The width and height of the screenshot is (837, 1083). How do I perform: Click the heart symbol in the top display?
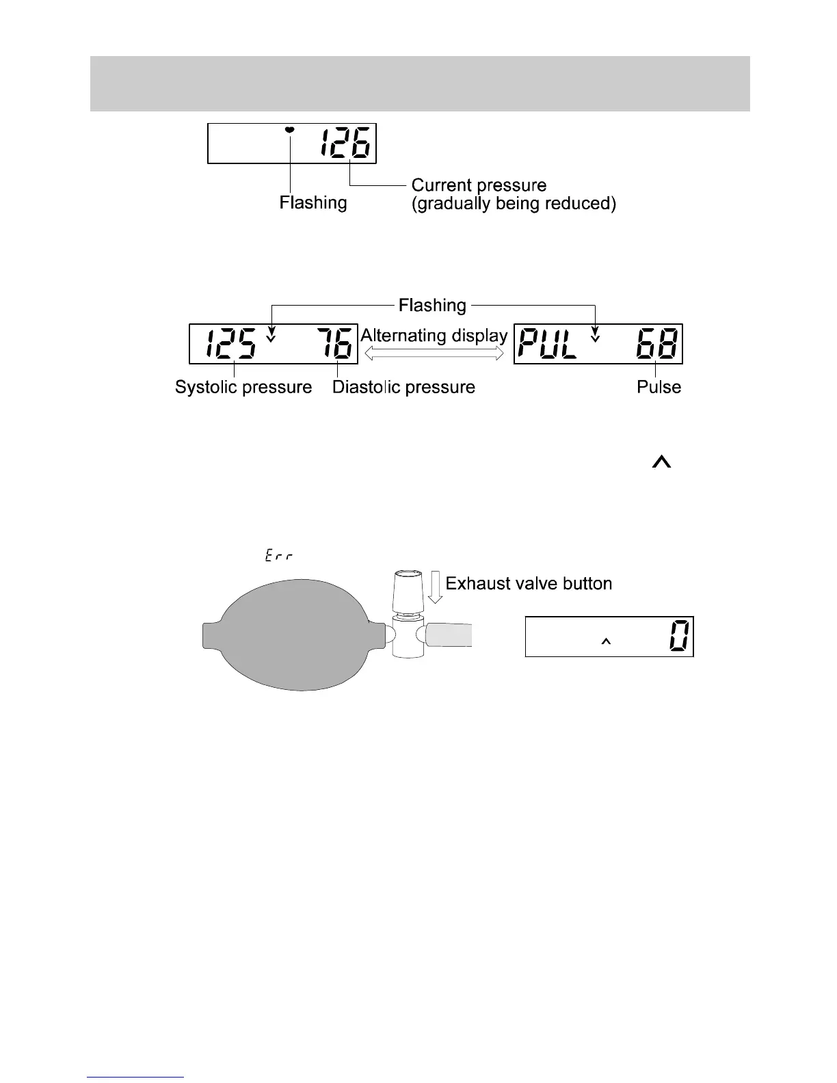click(290, 130)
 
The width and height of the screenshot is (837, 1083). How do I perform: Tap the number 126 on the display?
click(346, 144)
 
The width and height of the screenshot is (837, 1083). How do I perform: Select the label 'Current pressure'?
click(479, 185)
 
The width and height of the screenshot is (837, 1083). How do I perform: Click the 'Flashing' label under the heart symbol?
click(313, 203)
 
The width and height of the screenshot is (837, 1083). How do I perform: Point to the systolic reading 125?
click(231, 343)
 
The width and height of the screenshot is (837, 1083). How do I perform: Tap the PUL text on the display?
click(548, 343)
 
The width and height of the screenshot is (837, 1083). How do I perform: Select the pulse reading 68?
click(656, 343)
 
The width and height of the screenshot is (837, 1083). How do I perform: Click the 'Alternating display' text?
click(434, 336)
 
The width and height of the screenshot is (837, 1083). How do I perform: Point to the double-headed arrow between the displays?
click(435, 353)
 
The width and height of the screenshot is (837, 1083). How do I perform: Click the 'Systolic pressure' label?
click(243, 387)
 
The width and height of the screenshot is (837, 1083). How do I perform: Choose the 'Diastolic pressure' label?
click(403, 387)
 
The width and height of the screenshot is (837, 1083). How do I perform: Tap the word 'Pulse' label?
click(659, 387)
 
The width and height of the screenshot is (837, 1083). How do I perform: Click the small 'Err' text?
click(279, 557)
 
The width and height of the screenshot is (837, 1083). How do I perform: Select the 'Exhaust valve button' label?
click(529, 583)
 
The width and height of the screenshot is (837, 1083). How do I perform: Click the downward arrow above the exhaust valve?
click(434, 587)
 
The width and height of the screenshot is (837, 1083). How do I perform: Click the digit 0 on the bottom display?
click(680, 636)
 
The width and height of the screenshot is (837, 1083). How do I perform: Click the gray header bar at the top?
click(420, 83)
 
